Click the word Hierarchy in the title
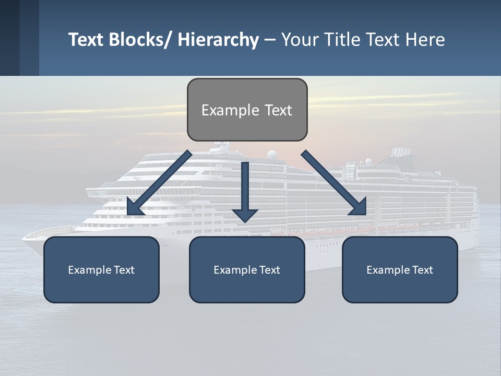point(218,40)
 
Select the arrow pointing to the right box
point(334,183)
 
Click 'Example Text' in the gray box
point(247,110)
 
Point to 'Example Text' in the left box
point(101,270)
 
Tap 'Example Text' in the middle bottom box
point(247,270)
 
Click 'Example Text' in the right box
point(400,270)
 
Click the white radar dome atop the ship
point(272,155)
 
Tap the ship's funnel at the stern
point(401,152)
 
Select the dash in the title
point(270,40)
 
